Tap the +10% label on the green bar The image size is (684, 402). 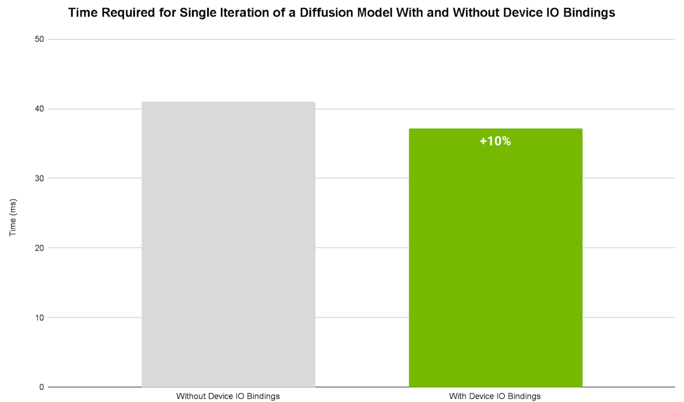coord(495,141)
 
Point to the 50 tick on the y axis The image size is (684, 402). coord(39,39)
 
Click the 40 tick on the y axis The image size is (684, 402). coord(39,109)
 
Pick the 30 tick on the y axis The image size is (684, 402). coord(39,178)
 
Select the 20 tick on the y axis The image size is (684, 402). coord(39,248)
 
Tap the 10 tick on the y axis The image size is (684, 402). coord(39,318)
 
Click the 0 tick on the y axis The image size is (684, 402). coord(42,387)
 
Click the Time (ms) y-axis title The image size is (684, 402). coord(13,217)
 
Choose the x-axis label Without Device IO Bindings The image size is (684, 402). coord(228,396)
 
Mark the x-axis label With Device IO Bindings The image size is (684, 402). coord(495,396)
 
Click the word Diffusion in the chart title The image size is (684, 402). coord(326,13)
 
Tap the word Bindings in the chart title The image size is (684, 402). coord(589,13)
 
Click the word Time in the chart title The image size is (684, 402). coord(83,13)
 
